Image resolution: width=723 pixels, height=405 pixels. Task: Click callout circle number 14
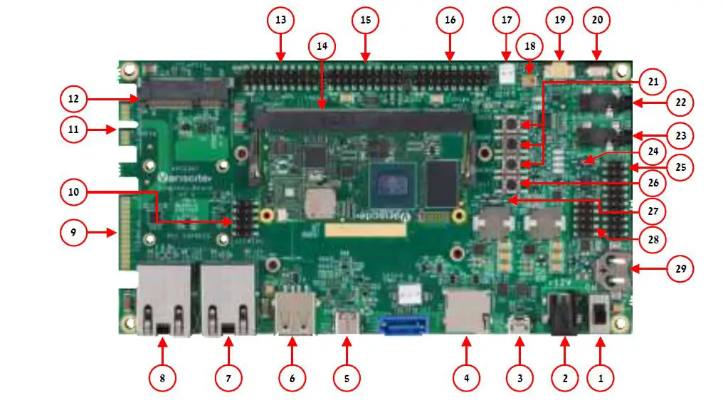(322, 46)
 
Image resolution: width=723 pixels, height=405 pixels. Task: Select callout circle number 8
(162, 378)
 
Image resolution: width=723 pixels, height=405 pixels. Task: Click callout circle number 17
(507, 20)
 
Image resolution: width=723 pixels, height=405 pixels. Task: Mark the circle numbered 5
(347, 378)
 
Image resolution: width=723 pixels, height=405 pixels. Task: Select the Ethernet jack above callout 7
(228, 299)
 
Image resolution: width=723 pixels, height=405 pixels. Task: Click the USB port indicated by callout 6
(293, 312)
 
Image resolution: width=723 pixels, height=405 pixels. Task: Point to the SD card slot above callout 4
(467, 310)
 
